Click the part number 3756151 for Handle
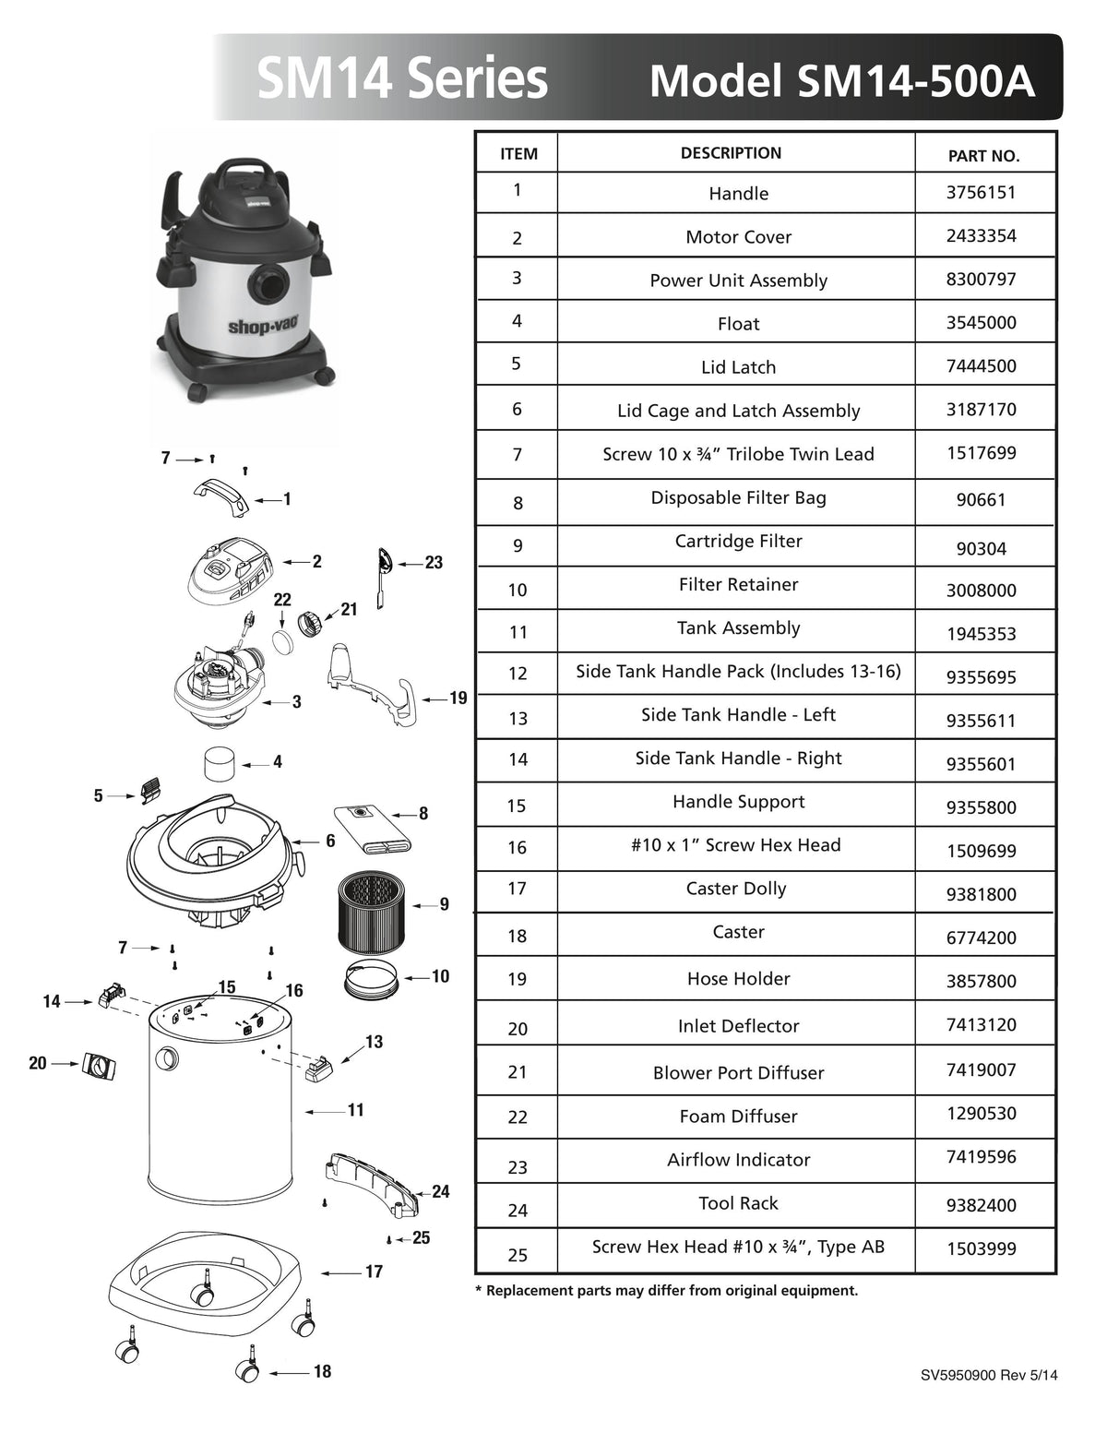pyautogui.click(x=981, y=193)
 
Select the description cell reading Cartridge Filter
pyautogui.click(x=738, y=542)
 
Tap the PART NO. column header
pyautogui.click(x=983, y=156)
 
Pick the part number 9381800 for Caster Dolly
pyautogui.click(x=981, y=894)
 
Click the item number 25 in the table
pyautogui.click(x=518, y=1255)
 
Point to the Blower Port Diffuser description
pyautogui.click(x=738, y=1073)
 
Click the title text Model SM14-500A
pyautogui.click(x=841, y=81)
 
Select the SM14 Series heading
pyautogui.click(x=402, y=79)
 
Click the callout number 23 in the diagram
pyautogui.click(x=434, y=563)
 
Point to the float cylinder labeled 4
pyautogui.click(x=220, y=764)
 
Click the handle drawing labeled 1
pyautogui.click(x=220, y=498)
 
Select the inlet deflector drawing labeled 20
pyautogui.click(x=99, y=1066)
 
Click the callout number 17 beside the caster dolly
pyautogui.click(x=374, y=1272)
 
